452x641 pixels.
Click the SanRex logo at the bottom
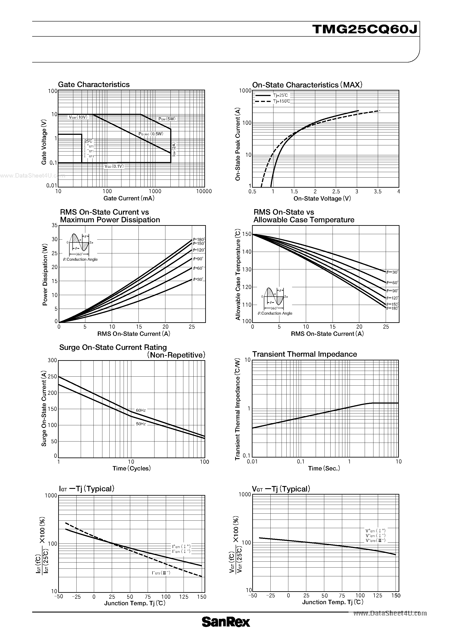(x=226, y=630)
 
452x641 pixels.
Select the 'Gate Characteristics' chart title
(x=94, y=85)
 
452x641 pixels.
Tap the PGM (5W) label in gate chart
(x=167, y=119)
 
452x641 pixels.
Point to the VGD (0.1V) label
(x=114, y=166)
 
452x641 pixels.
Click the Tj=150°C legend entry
(x=281, y=101)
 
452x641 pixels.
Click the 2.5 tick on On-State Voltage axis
(x=336, y=192)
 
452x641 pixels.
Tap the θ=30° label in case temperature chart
(x=392, y=272)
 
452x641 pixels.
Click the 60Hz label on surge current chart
(x=141, y=410)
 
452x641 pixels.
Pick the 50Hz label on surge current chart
(x=141, y=424)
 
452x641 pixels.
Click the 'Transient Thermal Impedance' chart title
(x=304, y=354)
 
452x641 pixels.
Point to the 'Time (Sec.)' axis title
(x=324, y=468)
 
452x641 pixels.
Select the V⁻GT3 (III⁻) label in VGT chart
(x=375, y=541)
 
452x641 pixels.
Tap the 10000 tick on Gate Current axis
(x=204, y=191)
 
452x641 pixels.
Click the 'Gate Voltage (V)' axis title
(x=44, y=142)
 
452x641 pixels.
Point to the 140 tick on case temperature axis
(x=247, y=252)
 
